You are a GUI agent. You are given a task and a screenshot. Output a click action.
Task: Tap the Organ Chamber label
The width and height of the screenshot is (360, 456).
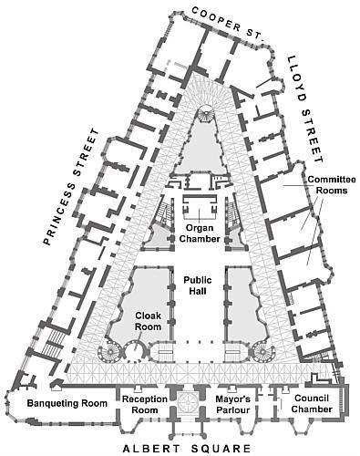click(x=199, y=233)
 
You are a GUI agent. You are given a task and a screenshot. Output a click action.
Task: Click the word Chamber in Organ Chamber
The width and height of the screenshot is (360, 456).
click(x=199, y=239)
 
